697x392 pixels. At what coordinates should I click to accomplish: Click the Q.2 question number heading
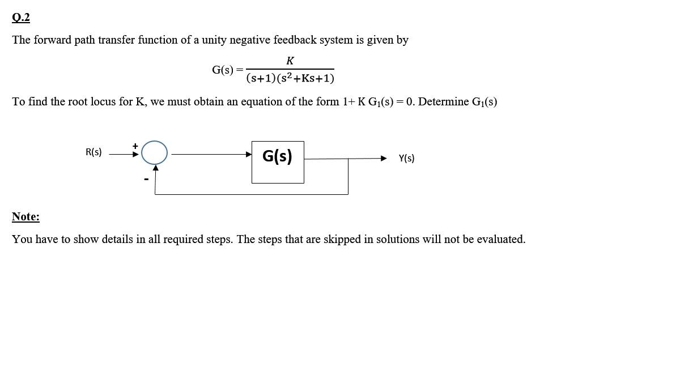[x=21, y=18]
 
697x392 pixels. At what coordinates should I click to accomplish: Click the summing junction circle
[x=154, y=152]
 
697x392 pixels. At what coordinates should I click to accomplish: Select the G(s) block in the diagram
[x=278, y=162]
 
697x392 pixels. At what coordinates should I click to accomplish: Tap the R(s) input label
[x=93, y=152]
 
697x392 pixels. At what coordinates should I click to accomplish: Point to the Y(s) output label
[x=406, y=159]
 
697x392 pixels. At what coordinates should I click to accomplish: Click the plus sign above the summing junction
[x=135, y=146]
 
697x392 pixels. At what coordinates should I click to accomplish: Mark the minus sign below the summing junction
[x=146, y=180]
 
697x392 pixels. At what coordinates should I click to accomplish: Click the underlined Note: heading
[x=25, y=216]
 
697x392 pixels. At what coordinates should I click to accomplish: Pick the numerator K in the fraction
[x=290, y=61]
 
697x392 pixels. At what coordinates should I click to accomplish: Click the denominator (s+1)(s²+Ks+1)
[x=290, y=78]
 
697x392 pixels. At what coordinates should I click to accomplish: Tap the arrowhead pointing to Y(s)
[x=384, y=159]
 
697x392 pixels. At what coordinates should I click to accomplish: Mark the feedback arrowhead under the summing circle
[x=155, y=168]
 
